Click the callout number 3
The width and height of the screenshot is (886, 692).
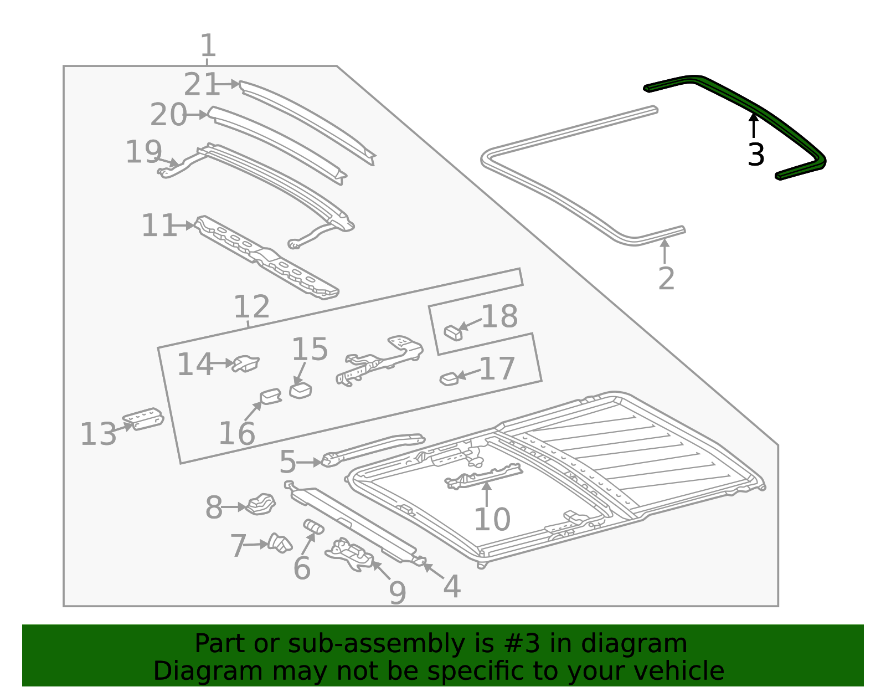pyautogui.click(x=756, y=155)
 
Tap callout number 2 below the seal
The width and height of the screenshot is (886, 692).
pyautogui.click(x=666, y=278)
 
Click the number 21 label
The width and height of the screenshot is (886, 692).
pyautogui.click(x=201, y=85)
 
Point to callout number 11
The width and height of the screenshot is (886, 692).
pyautogui.click(x=158, y=225)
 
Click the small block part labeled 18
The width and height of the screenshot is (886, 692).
pyautogui.click(x=453, y=333)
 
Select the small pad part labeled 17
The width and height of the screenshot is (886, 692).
pyautogui.click(x=449, y=379)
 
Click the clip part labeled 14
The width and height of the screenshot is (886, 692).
pyautogui.click(x=246, y=363)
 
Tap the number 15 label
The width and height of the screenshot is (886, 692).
pyautogui.click(x=310, y=350)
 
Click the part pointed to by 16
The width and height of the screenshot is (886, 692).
pyautogui.click(x=271, y=396)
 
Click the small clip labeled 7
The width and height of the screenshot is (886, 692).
pyautogui.click(x=280, y=543)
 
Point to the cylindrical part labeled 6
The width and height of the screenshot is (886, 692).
pyautogui.click(x=313, y=526)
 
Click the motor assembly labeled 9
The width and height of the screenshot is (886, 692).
pyautogui.click(x=349, y=556)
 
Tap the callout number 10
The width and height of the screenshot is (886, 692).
pyautogui.click(x=492, y=519)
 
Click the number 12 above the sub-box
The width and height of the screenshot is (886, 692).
pyautogui.click(x=251, y=306)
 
